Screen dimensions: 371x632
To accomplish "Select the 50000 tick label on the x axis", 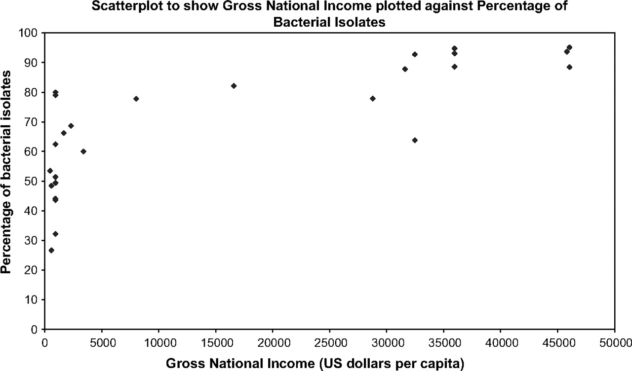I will pos(614,340).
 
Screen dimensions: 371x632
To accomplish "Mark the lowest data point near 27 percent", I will pos(51,250).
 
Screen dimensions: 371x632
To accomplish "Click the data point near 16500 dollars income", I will pos(234,86).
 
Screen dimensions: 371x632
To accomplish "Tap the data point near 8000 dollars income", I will pos(136,99).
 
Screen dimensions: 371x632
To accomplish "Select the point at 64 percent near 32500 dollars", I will pos(415,140).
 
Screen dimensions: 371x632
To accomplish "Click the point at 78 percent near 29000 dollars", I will pos(373,99).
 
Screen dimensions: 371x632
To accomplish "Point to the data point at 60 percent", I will pos(83,151).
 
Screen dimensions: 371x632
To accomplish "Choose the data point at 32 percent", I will pos(55,234).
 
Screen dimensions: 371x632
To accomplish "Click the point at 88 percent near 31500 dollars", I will pos(405,69).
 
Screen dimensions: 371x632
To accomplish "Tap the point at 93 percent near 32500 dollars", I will pos(415,54).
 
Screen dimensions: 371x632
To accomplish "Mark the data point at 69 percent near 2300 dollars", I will pos(71,126).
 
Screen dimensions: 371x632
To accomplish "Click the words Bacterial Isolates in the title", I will pos(316,22).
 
